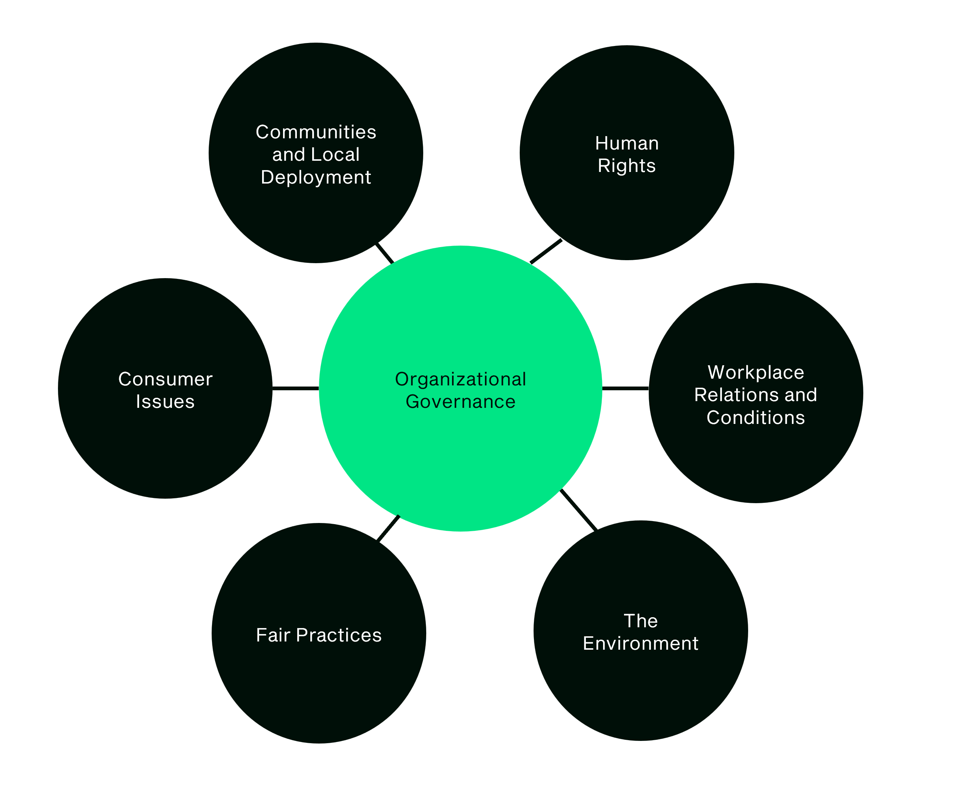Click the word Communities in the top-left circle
tap(316, 132)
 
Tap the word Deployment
tap(316, 178)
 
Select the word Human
tap(627, 144)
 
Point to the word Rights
tap(627, 166)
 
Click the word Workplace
tap(756, 372)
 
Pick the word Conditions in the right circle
tap(756, 418)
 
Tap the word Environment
tap(640, 643)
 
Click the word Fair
tap(273, 635)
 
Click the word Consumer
tap(165, 379)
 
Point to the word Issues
tap(165, 401)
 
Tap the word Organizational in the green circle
tap(460, 379)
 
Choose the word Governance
tap(460, 401)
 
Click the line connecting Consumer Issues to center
tap(295, 388)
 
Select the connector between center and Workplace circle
tap(625, 388)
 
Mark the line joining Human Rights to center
tap(545, 252)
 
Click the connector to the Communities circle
tap(385, 253)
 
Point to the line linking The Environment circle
tap(578, 510)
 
